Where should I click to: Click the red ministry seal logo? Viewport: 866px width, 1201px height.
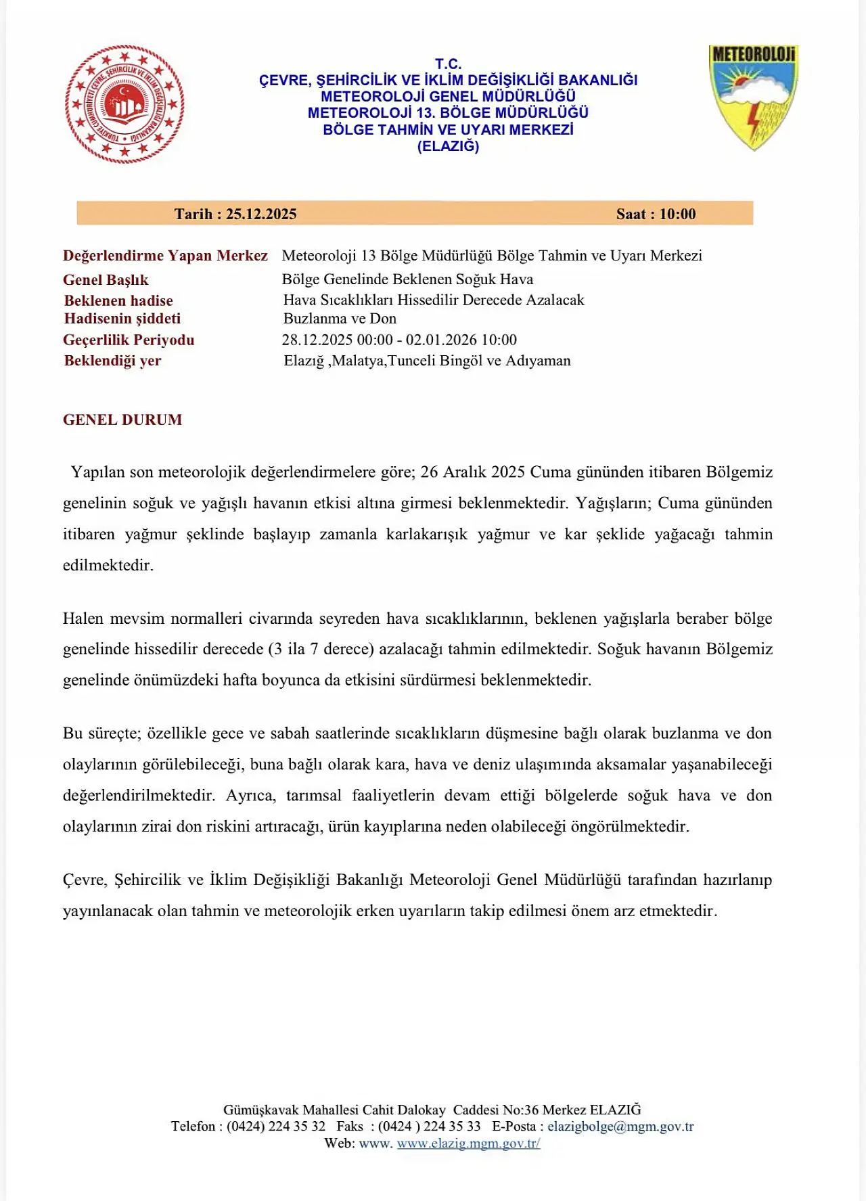tap(124, 104)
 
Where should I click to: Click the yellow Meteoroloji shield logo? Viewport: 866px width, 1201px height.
tap(754, 97)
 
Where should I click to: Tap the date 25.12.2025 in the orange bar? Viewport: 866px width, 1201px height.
tap(260, 214)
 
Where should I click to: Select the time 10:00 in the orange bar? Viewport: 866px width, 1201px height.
tap(677, 214)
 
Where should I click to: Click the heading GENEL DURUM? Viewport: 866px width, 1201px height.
tap(122, 420)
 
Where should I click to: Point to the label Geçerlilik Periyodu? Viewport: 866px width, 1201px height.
tap(129, 340)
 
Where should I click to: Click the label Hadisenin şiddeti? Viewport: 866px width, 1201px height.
tap(122, 318)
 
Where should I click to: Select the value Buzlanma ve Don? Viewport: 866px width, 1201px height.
tap(340, 318)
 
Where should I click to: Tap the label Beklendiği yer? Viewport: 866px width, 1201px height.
tap(112, 360)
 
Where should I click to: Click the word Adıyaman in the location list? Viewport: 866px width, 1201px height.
tap(539, 361)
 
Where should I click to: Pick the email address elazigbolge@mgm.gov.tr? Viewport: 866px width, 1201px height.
tap(620, 1126)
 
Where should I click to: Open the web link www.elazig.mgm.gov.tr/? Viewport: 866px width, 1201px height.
tap(468, 1143)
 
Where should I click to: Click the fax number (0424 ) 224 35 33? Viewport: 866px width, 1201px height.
tap(429, 1126)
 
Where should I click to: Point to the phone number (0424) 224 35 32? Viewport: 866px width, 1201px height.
tap(276, 1126)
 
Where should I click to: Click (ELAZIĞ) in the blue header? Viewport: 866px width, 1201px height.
tap(448, 146)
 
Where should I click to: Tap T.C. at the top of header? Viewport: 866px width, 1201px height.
tap(448, 64)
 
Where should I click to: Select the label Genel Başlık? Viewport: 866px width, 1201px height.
tap(106, 279)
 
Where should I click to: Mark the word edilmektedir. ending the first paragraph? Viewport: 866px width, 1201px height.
tap(108, 565)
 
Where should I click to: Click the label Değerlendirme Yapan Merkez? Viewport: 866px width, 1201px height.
tap(165, 255)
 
